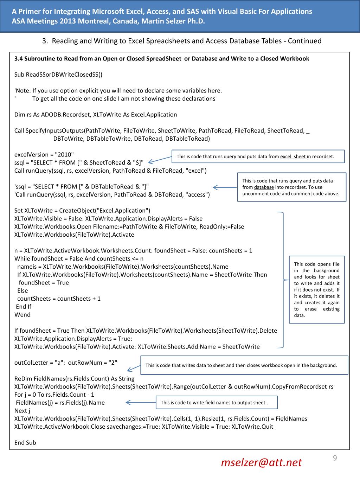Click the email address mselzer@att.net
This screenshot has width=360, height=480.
tap(261, 462)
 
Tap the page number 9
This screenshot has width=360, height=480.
tap(335, 457)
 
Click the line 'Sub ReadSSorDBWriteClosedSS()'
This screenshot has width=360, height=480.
tap(58, 75)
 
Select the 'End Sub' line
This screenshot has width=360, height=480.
tap(25, 442)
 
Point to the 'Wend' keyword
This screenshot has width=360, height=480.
tap(22, 314)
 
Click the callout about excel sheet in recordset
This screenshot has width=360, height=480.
tap(258, 156)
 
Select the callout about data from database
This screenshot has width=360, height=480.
tap(291, 187)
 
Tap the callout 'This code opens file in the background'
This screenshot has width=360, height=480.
tap(317, 289)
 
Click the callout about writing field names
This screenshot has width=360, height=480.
tap(217, 403)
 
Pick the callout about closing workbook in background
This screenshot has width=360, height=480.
tap(244, 365)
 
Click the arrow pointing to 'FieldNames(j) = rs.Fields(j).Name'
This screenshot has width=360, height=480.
tap(141, 403)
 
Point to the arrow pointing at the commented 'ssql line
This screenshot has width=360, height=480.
tap(225, 187)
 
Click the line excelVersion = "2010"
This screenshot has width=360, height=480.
tap(44, 154)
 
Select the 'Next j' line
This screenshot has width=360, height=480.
tap(22, 410)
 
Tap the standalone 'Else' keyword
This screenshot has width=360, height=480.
tap(22, 290)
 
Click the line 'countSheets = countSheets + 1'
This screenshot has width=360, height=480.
tap(59, 299)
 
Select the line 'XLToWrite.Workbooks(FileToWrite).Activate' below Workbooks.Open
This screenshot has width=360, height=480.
tap(74, 235)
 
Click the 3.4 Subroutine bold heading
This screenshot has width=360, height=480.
tap(162, 58)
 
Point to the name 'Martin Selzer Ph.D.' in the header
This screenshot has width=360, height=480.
tap(173, 21)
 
